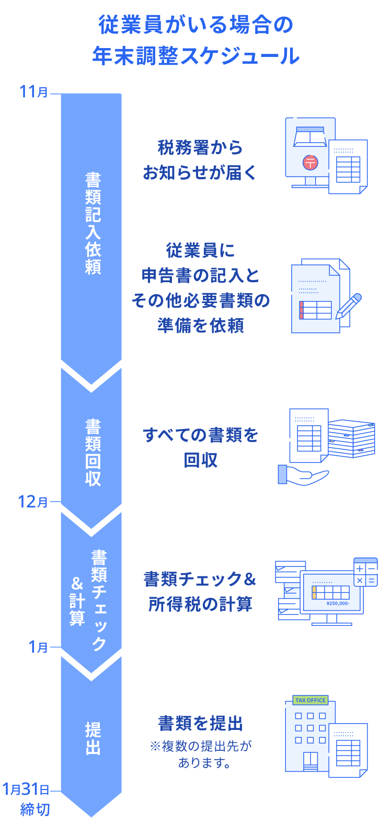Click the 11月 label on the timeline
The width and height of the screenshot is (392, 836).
coord(33,92)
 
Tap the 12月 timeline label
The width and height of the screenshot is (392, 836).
coord(32,502)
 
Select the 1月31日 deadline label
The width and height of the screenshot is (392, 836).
coord(26,789)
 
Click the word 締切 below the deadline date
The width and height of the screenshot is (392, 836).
coord(35,809)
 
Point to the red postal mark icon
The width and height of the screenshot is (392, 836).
coord(310,162)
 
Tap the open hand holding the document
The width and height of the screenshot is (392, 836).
coord(303,475)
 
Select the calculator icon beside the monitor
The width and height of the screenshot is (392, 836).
coord(365,573)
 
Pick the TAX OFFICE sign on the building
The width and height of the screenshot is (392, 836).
coord(310,700)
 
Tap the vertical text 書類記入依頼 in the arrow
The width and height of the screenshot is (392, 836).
coord(93,224)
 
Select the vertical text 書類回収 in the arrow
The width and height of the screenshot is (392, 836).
coord(93,452)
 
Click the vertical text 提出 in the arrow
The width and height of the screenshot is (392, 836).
coord(93,738)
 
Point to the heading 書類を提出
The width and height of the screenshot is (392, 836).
coord(201,724)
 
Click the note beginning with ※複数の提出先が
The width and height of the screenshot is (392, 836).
coord(201,754)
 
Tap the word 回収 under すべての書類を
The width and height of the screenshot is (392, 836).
coord(201,460)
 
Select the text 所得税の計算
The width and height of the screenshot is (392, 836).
coord(201,604)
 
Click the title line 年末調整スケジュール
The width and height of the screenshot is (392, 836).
coord(196,56)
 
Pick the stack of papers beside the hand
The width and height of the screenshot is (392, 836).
coord(351,438)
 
